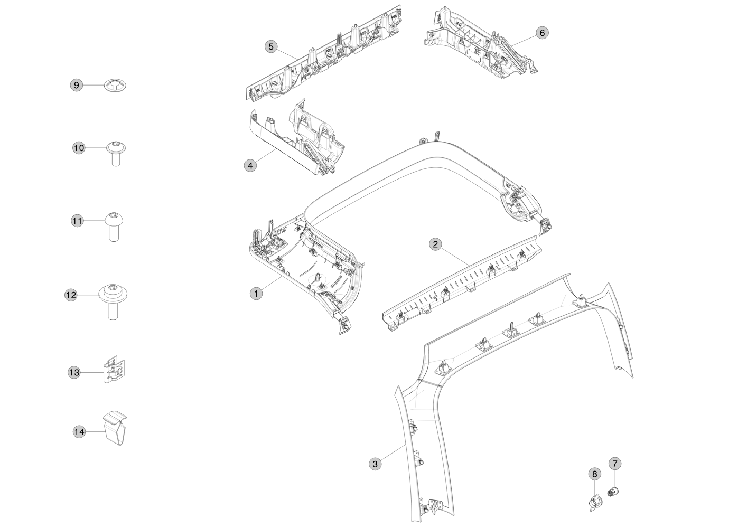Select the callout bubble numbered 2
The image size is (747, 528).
coord(435,244)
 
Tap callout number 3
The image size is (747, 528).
coord(375,464)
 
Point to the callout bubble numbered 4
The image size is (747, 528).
coord(250,165)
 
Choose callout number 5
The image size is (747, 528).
coord(271,47)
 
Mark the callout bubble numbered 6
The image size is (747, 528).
coord(541,33)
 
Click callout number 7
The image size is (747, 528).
coord(614,464)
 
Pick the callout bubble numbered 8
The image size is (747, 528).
coord(594,474)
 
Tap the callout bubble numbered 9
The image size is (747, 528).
coord(77,85)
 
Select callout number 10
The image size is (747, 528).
coord(79,148)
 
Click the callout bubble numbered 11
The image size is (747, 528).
coord(78,221)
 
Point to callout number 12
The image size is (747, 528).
coord(71,295)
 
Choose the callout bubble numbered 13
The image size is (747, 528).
coord(74,373)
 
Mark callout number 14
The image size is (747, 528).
coord(79,432)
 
